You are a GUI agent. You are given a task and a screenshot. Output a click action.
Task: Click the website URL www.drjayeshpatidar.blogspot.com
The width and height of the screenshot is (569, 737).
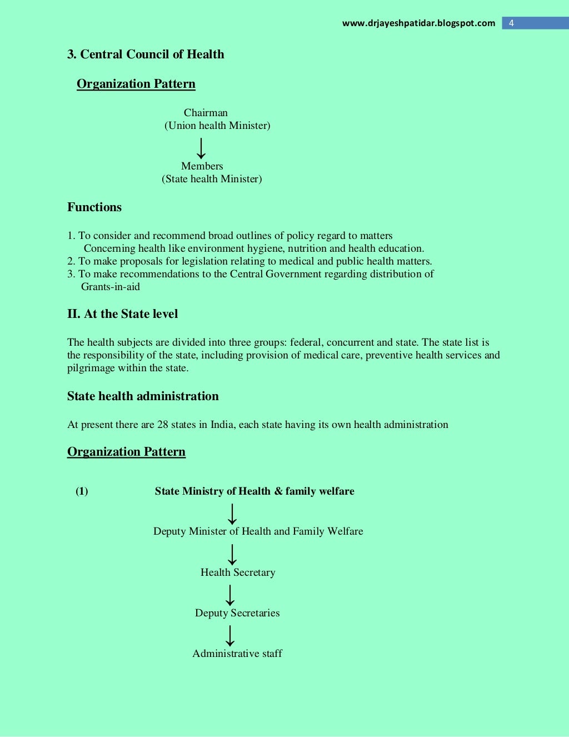[x=418, y=23]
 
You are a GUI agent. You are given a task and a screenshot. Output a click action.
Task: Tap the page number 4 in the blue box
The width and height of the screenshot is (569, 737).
[x=511, y=23]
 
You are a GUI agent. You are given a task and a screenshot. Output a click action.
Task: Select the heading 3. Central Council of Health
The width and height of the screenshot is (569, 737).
[x=146, y=54]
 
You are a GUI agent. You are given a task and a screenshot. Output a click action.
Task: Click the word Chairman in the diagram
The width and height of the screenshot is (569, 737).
[x=206, y=113]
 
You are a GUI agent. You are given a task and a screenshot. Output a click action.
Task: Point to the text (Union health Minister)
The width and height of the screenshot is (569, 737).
[x=217, y=126]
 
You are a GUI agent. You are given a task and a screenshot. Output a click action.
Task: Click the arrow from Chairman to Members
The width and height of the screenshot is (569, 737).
[x=201, y=148]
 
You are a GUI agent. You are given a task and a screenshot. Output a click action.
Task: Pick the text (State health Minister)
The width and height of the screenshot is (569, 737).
[x=212, y=179]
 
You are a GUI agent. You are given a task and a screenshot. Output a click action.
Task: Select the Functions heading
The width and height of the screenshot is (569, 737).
[x=94, y=207]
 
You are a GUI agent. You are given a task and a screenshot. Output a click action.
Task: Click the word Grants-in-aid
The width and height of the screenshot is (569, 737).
[x=111, y=287]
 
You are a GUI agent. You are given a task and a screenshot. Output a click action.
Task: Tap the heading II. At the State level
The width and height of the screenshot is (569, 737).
[x=122, y=314]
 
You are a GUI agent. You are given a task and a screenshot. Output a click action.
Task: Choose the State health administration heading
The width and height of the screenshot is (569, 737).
[x=143, y=396]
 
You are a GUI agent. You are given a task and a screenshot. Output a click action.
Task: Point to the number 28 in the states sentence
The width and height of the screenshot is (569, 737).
[x=162, y=425]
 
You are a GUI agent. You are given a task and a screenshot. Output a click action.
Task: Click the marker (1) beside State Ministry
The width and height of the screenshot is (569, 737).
[x=82, y=491]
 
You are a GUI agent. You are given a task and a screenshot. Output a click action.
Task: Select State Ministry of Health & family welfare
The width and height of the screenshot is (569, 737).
[x=254, y=491]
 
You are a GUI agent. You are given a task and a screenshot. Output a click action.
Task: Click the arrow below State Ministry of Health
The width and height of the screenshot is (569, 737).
[x=232, y=514]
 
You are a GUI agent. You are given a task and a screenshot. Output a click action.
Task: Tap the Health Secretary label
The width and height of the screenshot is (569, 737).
[x=238, y=572]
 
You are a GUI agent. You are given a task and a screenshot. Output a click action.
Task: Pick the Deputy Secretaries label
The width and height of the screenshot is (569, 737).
[x=237, y=613]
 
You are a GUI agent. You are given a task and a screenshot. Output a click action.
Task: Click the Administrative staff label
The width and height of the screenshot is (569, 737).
[x=237, y=654]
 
